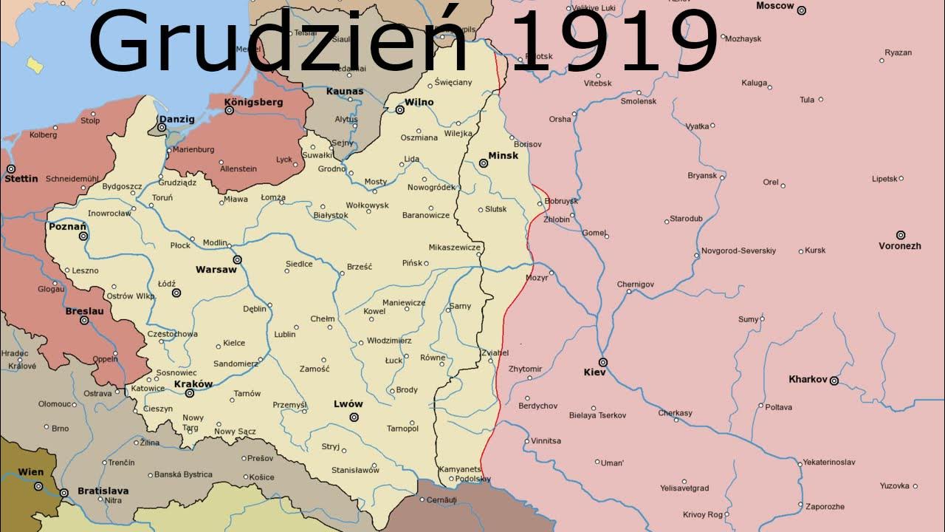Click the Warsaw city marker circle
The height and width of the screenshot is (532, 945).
tap(238, 260)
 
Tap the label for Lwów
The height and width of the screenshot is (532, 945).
tap(348, 404)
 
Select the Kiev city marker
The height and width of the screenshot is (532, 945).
tap(603, 362)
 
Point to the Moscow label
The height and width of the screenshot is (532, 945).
tap(774, 6)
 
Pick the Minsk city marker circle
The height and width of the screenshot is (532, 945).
tap(484, 163)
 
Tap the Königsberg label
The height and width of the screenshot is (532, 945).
tap(252, 102)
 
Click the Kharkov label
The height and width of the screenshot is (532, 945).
tap(808, 379)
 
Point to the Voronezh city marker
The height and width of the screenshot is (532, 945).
tap(900, 235)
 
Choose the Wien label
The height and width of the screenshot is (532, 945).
tap(30, 472)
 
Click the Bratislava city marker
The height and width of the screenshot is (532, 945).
tap(64, 492)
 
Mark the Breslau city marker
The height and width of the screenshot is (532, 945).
tap(84, 321)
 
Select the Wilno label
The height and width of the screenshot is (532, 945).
tap(419, 102)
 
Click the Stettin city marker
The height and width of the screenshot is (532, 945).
tap(10, 169)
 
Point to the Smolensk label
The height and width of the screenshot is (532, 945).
tap(638, 101)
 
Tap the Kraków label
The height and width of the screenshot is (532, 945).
tap(193, 383)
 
